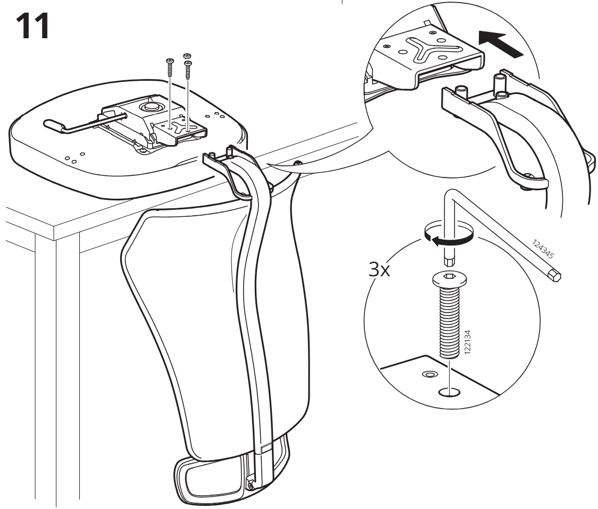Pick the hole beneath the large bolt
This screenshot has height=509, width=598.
450,393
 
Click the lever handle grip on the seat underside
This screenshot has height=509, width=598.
54,126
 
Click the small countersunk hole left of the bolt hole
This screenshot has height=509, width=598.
427,375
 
